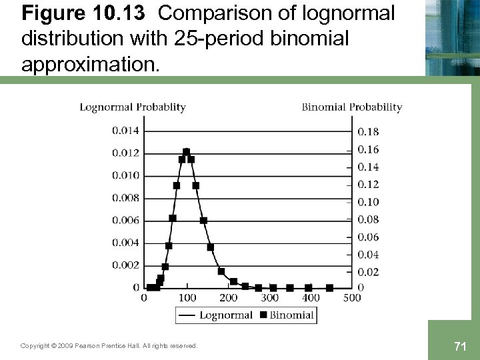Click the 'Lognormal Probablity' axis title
coord(133,107)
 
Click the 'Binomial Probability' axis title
coord(352,107)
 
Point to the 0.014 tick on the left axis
coord(126,131)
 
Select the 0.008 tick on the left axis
coord(126,198)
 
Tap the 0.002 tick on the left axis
coord(126,265)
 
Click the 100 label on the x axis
coord(187,298)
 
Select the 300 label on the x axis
coord(270,298)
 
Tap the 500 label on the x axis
coord(352,298)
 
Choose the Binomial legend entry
coord(287,315)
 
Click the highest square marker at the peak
coord(187,152)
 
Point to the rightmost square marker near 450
coord(329,288)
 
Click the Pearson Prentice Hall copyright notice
coord(109,346)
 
